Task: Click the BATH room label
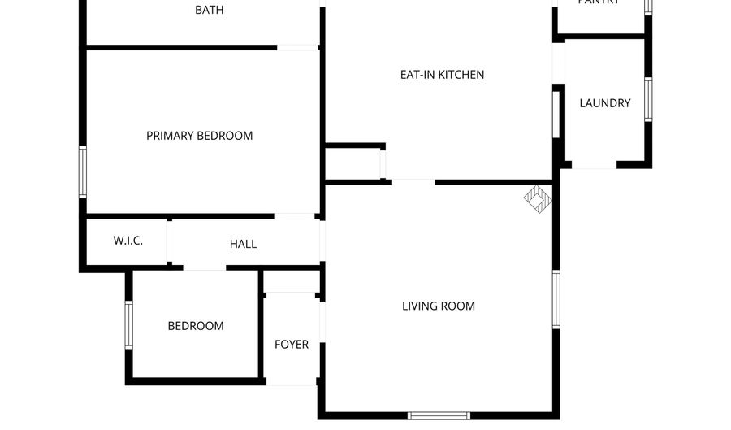209,11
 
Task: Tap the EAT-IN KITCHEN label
442,75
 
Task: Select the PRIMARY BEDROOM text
199,136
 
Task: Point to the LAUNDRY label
604,103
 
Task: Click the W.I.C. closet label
128,241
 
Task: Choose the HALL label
243,244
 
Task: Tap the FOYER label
291,345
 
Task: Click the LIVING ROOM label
439,306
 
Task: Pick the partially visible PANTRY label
599,2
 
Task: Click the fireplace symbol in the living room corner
536,198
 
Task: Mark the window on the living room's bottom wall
439,415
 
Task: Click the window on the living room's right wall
556,299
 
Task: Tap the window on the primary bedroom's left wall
83,171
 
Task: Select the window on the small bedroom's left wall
128,325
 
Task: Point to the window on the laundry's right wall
647,99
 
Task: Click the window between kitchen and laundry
556,114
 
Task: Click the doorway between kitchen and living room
413,181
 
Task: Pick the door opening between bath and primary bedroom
297,48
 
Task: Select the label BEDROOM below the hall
196,326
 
